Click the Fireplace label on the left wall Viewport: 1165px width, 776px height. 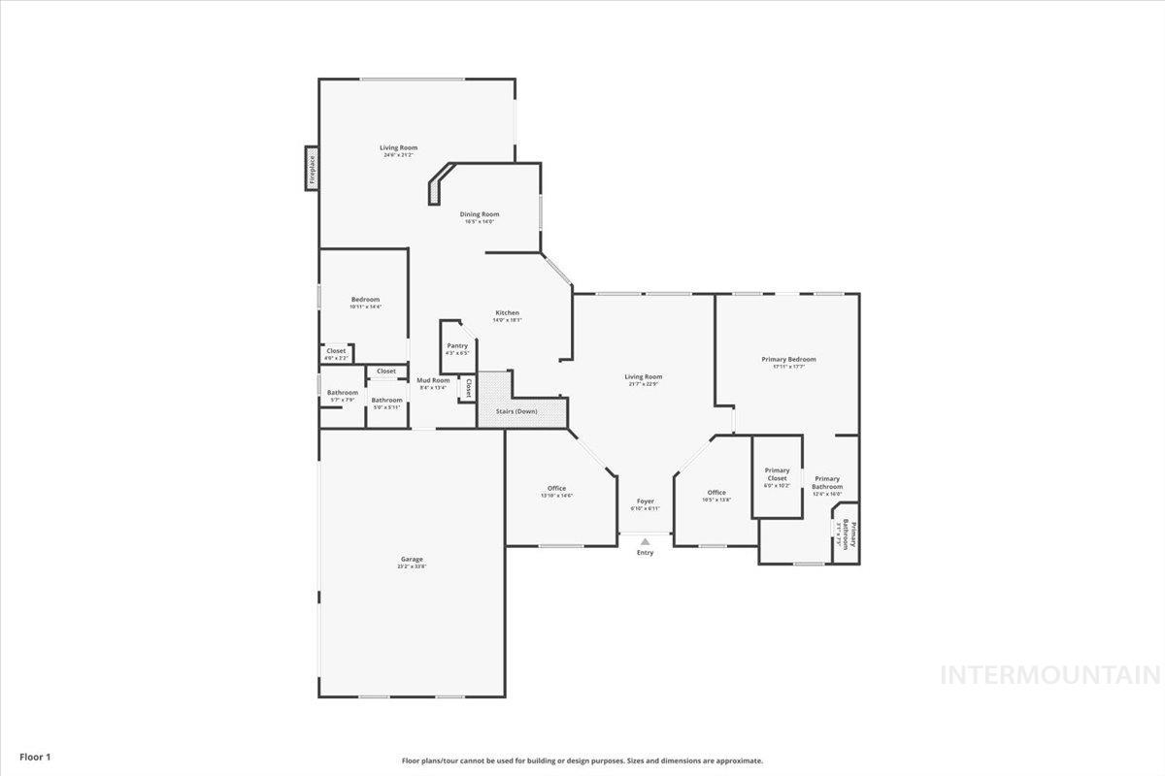pyautogui.click(x=312, y=169)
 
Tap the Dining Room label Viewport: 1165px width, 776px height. pyautogui.click(x=480, y=214)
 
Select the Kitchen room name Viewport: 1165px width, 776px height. pyautogui.click(x=507, y=312)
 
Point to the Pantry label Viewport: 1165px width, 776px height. pyautogui.click(x=457, y=346)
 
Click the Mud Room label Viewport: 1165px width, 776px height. pyautogui.click(x=433, y=380)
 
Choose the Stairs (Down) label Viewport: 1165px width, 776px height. pyautogui.click(x=516, y=411)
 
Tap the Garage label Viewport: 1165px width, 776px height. pyautogui.click(x=412, y=559)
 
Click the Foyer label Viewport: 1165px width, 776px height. pyautogui.click(x=645, y=501)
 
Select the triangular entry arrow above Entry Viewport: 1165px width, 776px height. pyautogui.click(x=645, y=541)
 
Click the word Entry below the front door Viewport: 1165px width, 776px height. pyautogui.click(x=645, y=553)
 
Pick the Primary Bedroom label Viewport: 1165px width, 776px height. pyautogui.click(x=788, y=359)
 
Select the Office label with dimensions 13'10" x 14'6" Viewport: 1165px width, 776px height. pyautogui.click(x=556, y=489)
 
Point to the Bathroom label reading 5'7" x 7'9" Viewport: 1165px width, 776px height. pyautogui.click(x=342, y=393)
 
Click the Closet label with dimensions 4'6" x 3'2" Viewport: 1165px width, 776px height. pyautogui.click(x=336, y=351)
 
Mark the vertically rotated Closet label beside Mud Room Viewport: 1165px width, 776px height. pyautogui.click(x=468, y=388)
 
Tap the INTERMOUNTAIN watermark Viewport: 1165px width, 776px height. pyautogui.click(x=1050, y=675)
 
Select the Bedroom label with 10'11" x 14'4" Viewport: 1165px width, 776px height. pyautogui.click(x=365, y=300)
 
